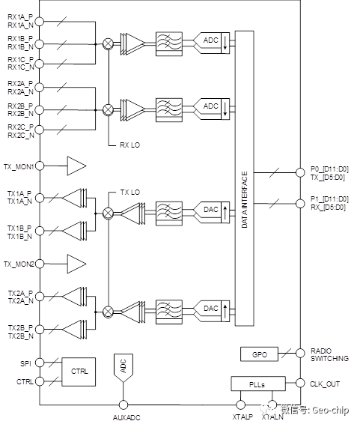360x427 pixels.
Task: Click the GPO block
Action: click(x=259, y=354)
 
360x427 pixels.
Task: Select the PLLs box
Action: click(x=258, y=384)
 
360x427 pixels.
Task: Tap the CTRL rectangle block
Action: click(x=79, y=372)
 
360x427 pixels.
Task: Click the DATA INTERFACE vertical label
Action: click(x=244, y=199)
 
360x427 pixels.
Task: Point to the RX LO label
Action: click(x=129, y=145)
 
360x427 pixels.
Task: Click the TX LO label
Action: click(x=130, y=193)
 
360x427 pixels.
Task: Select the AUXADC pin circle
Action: click(x=123, y=405)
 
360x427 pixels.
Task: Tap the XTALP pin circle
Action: click(x=240, y=405)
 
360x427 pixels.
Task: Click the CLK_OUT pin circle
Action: click(x=300, y=383)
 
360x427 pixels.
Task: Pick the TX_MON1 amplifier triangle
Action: click(x=76, y=166)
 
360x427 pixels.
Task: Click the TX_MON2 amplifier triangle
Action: click(x=76, y=264)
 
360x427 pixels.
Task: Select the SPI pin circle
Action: click(x=40, y=363)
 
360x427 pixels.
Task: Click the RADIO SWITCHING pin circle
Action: click(x=300, y=353)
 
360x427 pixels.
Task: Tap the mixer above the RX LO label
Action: click(x=108, y=109)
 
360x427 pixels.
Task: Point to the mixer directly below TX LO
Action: click(x=108, y=213)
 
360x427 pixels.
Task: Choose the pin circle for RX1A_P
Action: click(x=40, y=21)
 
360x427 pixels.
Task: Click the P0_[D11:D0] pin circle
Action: click(x=300, y=172)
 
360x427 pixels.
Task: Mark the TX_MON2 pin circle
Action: click(x=40, y=264)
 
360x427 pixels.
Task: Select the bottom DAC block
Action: click(x=212, y=311)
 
